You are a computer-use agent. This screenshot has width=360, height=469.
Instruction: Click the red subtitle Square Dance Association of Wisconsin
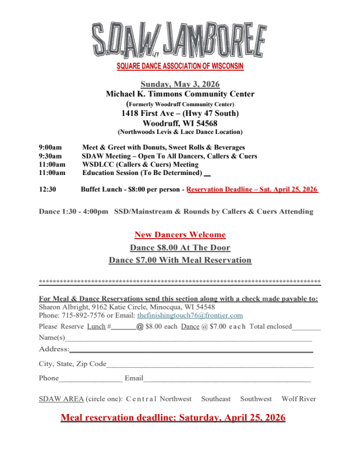point(180,66)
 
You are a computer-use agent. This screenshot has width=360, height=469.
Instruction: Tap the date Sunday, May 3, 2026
point(180,84)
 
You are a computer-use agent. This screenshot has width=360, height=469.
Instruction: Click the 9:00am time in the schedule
point(50,147)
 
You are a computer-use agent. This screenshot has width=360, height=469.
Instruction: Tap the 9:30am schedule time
point(50,156)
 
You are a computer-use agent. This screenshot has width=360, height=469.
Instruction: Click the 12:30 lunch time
point(48,189)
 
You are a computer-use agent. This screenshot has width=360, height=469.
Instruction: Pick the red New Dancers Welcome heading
point(180,234)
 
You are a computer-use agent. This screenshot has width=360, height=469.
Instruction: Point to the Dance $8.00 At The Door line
point(180,247)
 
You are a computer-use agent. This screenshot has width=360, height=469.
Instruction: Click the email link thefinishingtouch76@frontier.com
point(190,316)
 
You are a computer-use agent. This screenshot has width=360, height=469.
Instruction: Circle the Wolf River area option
point(298,399)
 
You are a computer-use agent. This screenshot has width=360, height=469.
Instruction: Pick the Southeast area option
point(216,399)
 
